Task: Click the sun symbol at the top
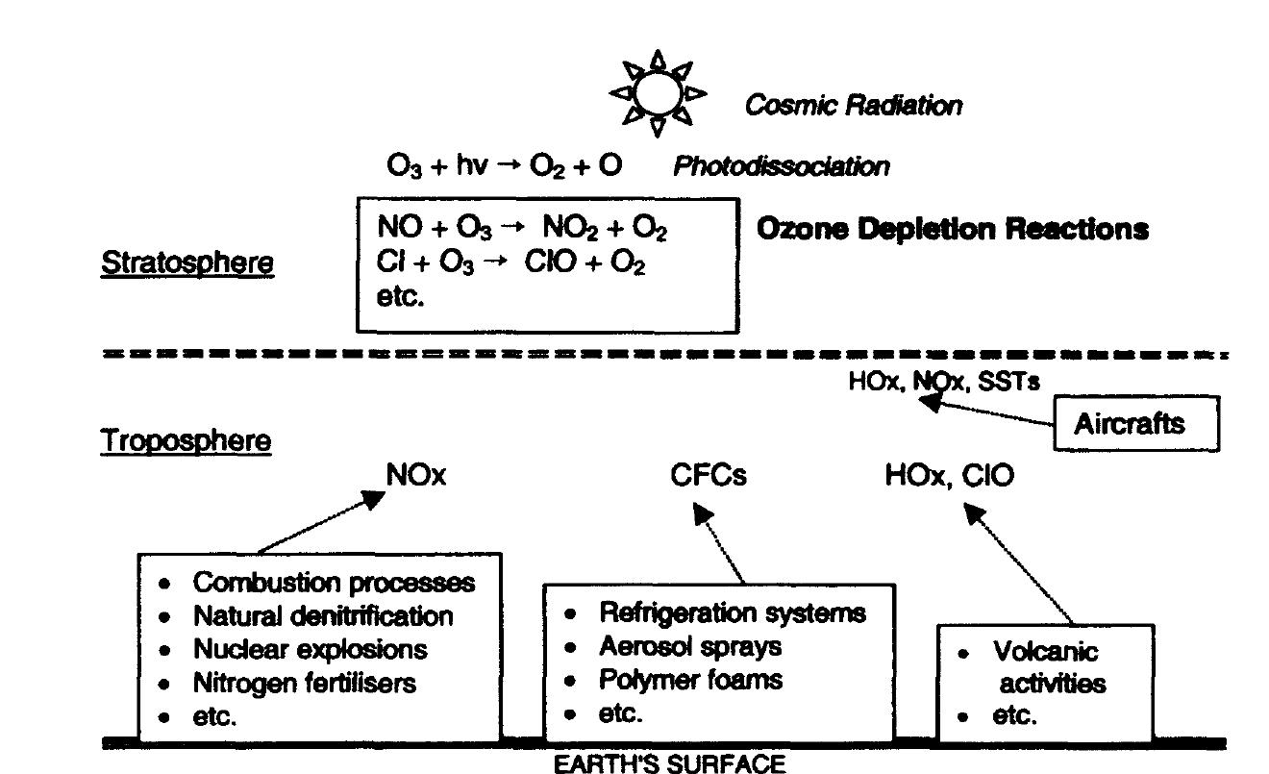pos(658,93)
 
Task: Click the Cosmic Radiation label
pos(853,106)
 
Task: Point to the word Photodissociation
pos(781,166)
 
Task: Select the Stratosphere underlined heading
pos(187,262)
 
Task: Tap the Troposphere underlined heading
pos(187,441)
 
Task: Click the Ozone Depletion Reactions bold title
pos(952,230)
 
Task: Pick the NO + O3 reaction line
pos(522,229)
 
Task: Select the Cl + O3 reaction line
pos(510,262)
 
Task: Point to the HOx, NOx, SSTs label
pos(943,382)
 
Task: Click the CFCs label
pos(709,475)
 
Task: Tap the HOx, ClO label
pos(949,475)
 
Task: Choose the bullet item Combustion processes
pos(334,583)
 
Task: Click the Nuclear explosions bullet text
pos(310,649)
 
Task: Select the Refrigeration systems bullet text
pos(732,612)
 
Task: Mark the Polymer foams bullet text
pos(690,680)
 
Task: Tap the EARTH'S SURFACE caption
pos(669,764)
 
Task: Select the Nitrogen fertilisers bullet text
pos(305,683)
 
